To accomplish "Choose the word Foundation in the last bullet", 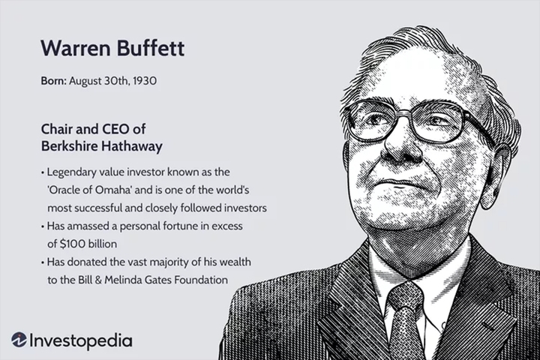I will (x=200, y=279).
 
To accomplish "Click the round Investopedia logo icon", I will (x=19, y=340).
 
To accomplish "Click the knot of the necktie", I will (x=405, y=298).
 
